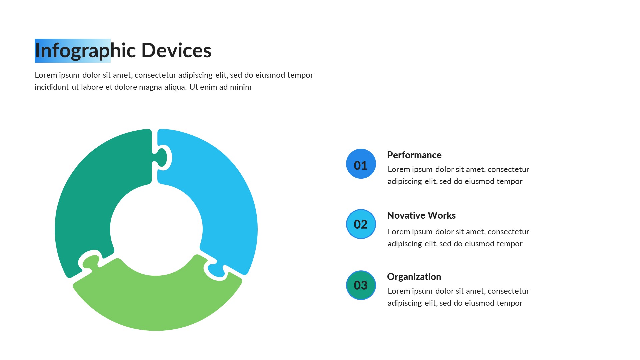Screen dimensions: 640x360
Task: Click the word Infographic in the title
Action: pos(85,51)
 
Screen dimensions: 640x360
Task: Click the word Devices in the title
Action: pos(176,50)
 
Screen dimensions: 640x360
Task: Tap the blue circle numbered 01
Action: pos(361,164)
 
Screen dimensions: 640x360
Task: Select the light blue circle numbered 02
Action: pos(361,224)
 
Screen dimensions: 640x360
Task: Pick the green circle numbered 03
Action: pos(361,285)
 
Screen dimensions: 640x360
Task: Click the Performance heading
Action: pos(414,155)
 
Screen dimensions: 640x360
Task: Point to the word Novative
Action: pos(406,215)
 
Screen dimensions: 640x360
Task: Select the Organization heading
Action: pos(414,277)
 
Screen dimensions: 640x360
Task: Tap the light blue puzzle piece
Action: pos(227,200)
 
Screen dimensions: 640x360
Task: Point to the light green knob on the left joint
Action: pos(91,262)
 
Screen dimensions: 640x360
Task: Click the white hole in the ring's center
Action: pos(156,229)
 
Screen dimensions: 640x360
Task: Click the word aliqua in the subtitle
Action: pos(175,87)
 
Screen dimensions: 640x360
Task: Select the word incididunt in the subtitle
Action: pos(52,87)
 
